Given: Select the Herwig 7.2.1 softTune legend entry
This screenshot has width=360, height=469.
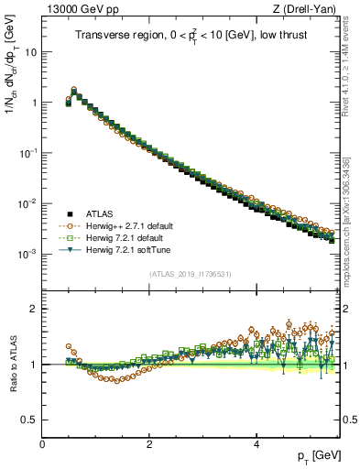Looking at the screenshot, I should coord(129,250).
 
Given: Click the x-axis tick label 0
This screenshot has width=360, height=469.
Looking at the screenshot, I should coord(42,444).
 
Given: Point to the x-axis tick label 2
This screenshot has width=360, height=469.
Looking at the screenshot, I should coord(149,444).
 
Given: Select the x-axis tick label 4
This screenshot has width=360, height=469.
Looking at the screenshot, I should coord(256,444).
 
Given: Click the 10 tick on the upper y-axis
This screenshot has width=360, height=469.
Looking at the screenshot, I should coord(30,52).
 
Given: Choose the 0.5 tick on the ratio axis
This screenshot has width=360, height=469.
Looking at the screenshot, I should coord(29,420).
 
